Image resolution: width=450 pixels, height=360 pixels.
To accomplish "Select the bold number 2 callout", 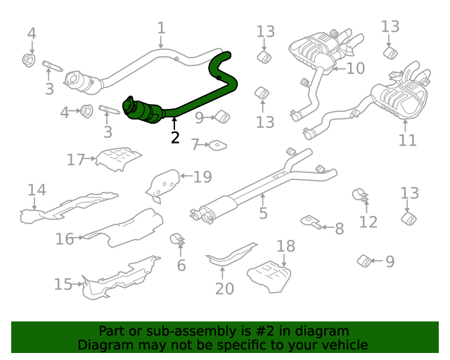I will pyautogui.click(x=175, y=138).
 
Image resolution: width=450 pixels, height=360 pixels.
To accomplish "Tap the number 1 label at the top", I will pyautogui.click(x=161, y=28).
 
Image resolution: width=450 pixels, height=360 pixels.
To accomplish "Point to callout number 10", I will pyautogui.click(x=356, y=68).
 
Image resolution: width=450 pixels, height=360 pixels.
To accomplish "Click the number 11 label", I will pyautogui.click(x=408, y=140).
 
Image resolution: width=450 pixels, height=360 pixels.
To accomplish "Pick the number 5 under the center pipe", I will pyautogui.click(x=263, y=212).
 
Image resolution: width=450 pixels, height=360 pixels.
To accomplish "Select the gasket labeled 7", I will pyautogui.click(x=218, y=146).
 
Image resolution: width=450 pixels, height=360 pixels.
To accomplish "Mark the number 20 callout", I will pyautogui.click(x=224, y=288).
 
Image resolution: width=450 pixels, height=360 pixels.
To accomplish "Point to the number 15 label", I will pyautogui.click(x=63, y=284).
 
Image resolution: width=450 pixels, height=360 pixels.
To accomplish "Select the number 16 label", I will pyautogui.click(x=65, y=239).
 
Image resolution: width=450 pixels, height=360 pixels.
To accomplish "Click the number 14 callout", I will pyautogui.click(x=37, y=190).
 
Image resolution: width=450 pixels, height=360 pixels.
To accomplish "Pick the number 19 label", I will pyautogui.click(x=202, y=176).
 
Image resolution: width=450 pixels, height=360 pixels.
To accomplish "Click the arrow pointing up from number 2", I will pyautogui.click(x=175, y=124).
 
